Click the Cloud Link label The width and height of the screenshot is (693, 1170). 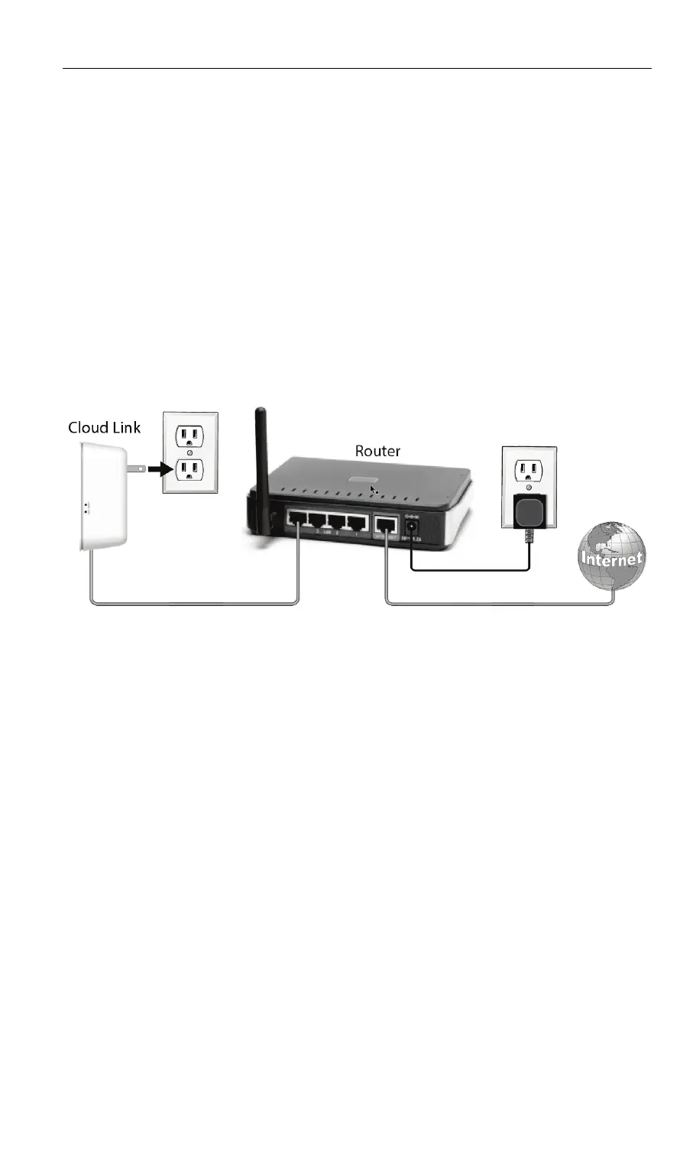(104, 427)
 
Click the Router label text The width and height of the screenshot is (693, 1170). (377, 451)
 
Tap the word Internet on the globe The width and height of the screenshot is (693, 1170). (613, 559)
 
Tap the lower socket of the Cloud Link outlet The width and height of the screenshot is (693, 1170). (189, 468)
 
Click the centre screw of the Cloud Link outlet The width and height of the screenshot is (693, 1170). (189, 452)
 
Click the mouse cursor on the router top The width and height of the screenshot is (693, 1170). (373, 489)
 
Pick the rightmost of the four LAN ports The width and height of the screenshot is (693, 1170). (357, 523)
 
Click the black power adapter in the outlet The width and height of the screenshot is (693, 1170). (528, 513)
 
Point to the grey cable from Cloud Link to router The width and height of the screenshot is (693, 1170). (191, 604)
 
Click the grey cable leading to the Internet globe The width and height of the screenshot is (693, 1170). (497, 604)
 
